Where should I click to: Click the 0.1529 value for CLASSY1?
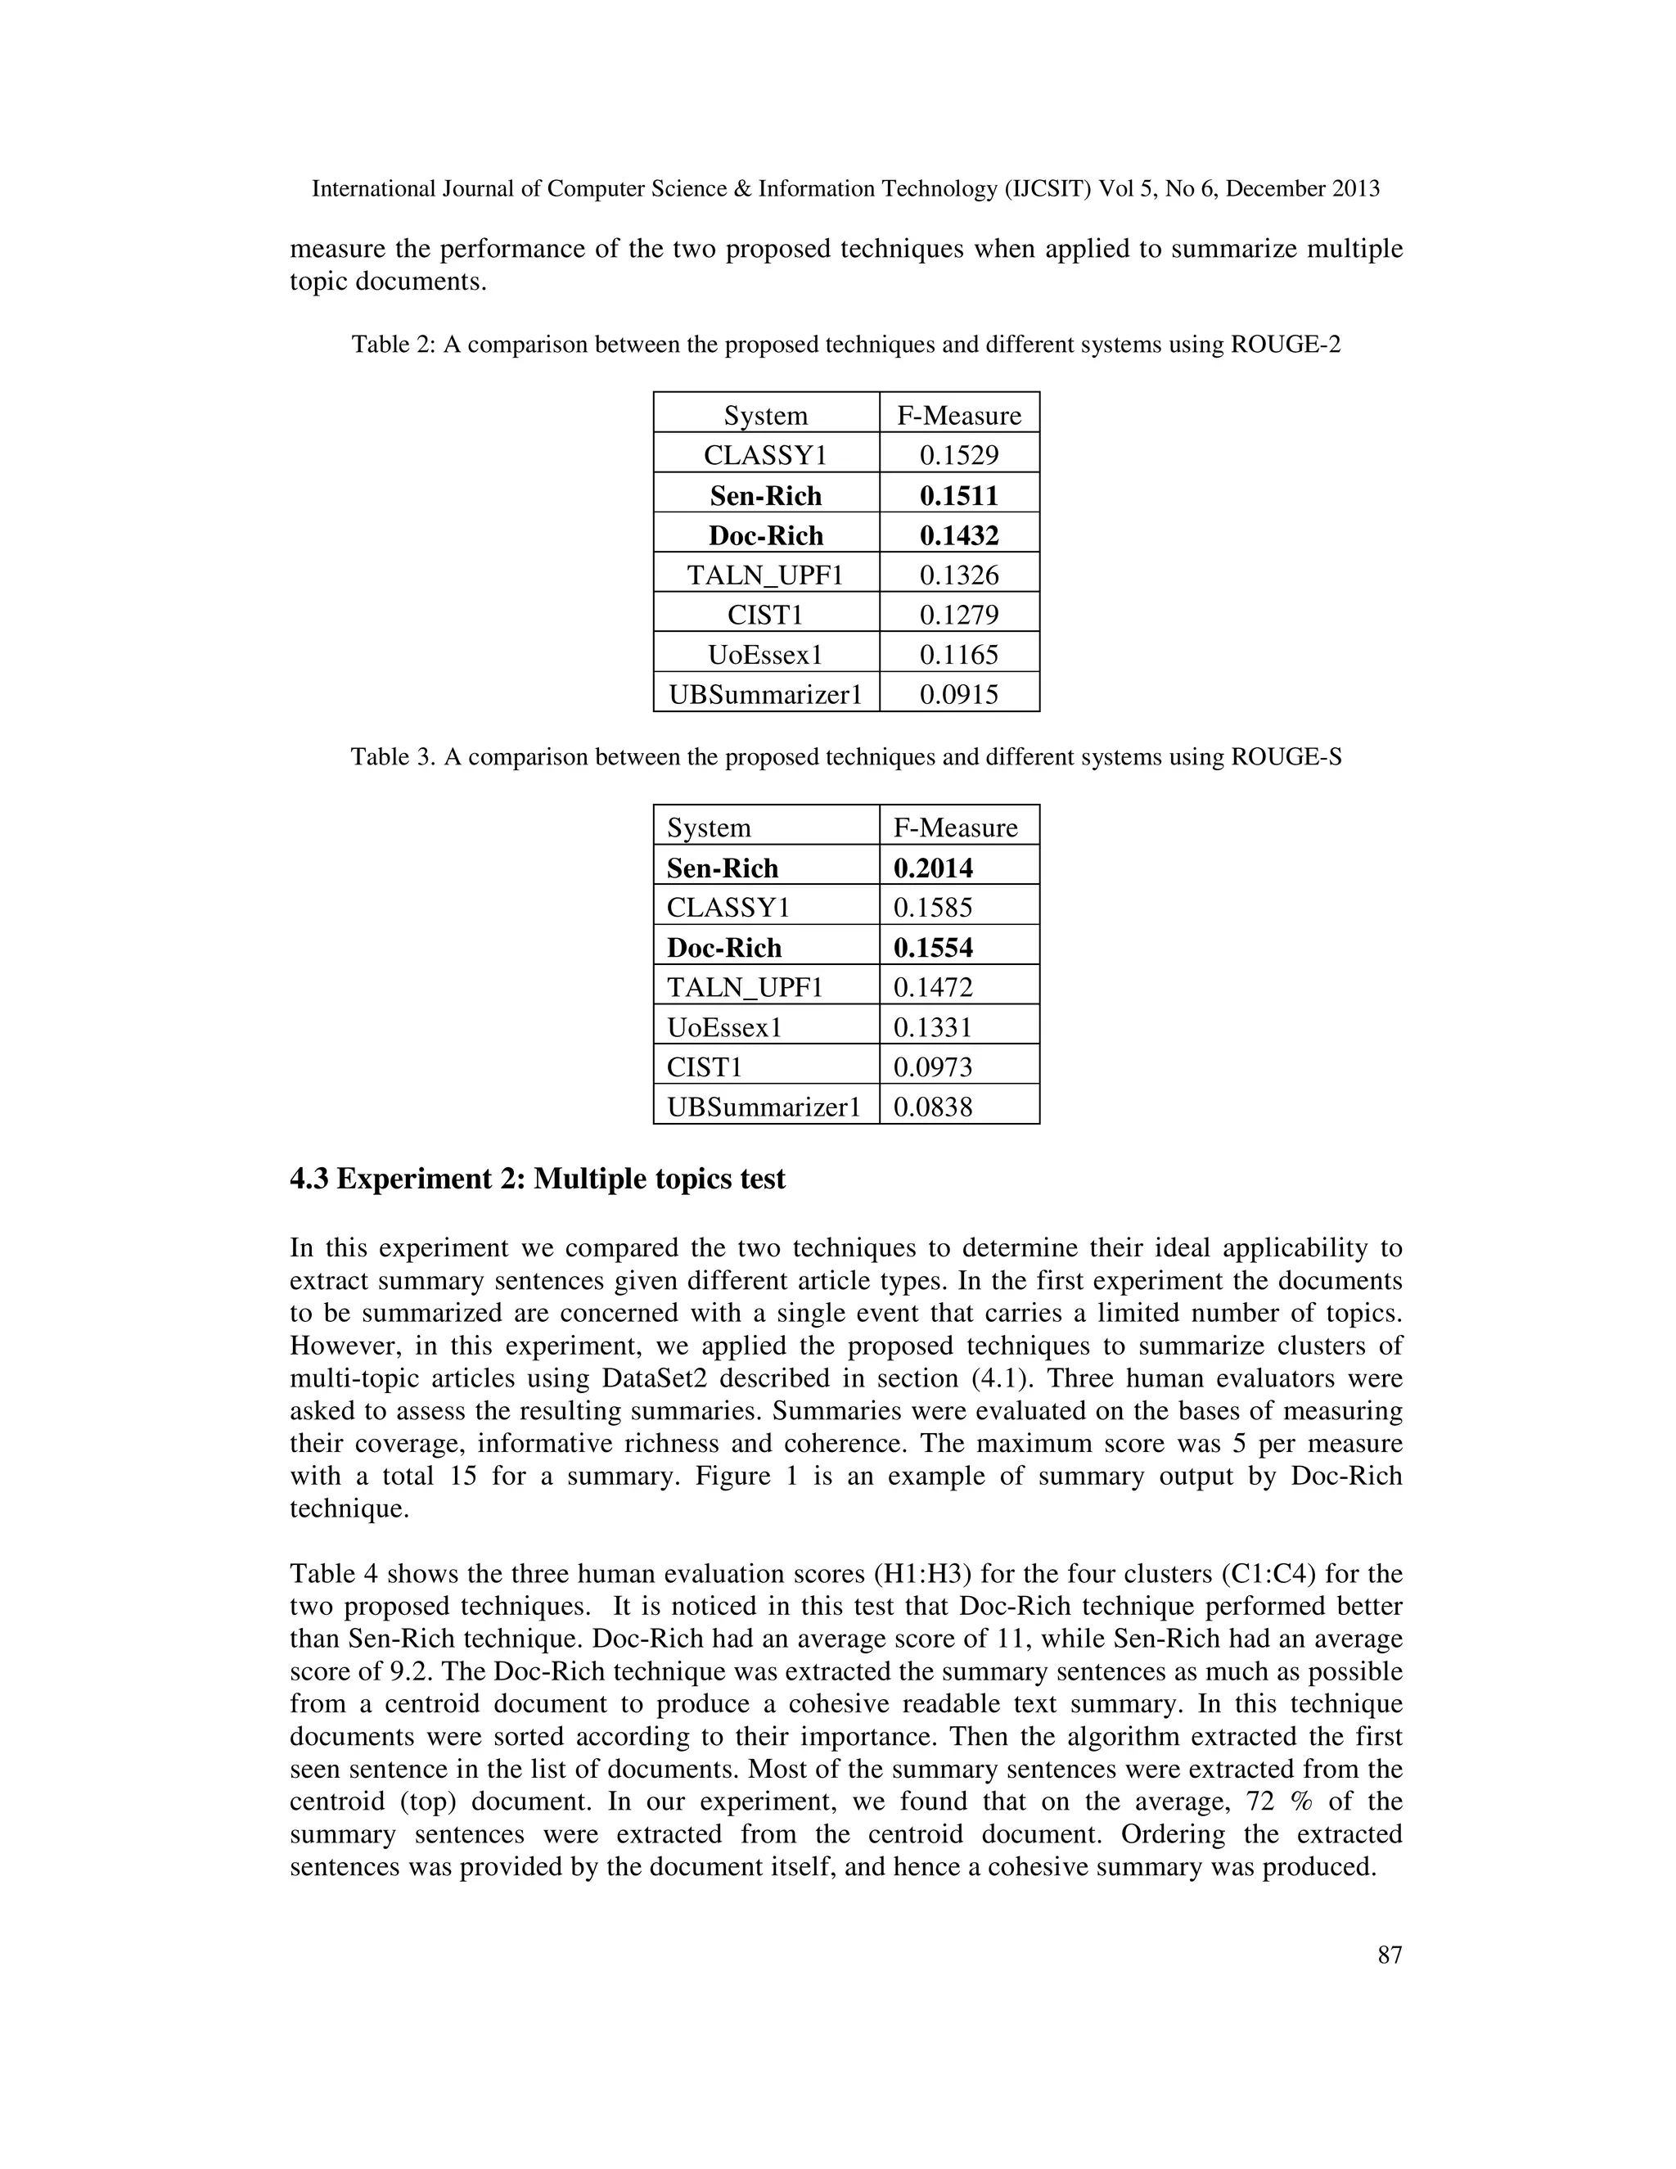958,456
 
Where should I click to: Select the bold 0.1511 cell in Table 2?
958,495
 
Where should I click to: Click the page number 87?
1389,1955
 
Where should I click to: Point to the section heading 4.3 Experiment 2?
537,1179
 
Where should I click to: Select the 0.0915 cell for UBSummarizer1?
958,694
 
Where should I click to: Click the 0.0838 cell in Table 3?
932,1107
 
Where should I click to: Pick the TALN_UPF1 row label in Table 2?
764,575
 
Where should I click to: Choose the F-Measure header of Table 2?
958,415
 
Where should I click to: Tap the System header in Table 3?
708,827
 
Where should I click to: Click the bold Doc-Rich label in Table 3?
723,948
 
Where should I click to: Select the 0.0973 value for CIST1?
932,1066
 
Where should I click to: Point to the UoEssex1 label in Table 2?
764,655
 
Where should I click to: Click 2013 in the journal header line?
1354,189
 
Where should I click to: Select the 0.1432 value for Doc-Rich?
958,535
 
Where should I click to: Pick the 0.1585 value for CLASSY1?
932,908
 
